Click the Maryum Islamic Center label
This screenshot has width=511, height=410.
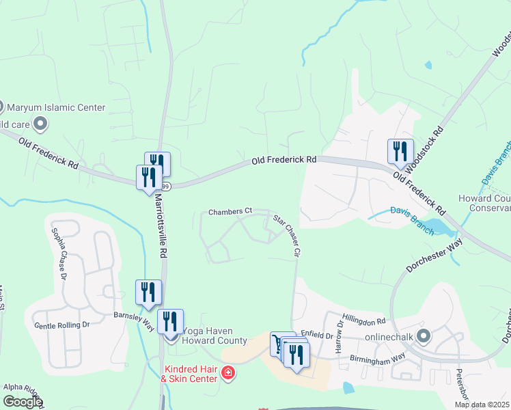click(56, 107)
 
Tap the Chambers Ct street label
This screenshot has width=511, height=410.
click(230, 212)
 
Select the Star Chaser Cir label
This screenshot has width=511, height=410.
click(287, 236)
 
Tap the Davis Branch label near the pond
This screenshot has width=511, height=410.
click(411, 221)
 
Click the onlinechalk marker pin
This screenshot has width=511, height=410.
click(424, 336)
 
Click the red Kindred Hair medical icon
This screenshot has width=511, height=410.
click(227, 373)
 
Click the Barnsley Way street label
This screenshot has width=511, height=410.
click(133, 323)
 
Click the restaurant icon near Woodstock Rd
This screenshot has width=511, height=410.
click(400, 152)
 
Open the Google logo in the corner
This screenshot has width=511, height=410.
click(23, 402)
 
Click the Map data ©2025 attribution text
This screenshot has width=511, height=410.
click(481, 405)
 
